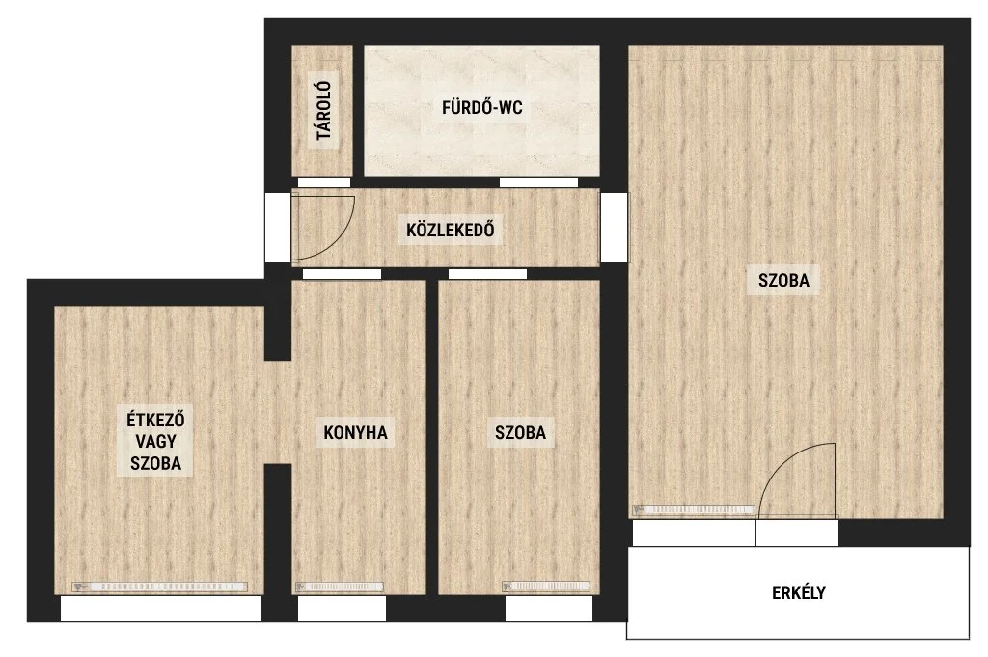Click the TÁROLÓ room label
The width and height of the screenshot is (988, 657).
(324, 111)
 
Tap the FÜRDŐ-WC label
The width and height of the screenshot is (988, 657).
(482, 108)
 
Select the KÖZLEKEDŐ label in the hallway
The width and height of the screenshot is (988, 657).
(450, 230)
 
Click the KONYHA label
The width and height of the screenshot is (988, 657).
(355, 433)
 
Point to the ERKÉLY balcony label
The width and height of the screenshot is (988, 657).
(798, 592)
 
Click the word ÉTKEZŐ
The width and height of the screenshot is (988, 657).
(155, 420)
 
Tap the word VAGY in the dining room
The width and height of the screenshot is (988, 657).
(155, 441)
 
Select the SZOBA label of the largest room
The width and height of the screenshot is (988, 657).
(783, 280)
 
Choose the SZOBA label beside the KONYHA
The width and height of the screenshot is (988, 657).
(520, 433)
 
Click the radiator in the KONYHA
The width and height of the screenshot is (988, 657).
(340, 587)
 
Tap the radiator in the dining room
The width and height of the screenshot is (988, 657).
(159, 587)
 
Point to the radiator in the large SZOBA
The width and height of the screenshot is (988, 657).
(694, 509)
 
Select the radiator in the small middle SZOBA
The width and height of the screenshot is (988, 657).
(546, 587)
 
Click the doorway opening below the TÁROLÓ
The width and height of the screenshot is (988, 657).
(324, 182)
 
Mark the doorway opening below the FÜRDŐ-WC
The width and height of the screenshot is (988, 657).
(538, 182)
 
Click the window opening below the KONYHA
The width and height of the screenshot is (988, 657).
(342, 609)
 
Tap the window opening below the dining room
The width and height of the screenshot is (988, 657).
(161, 609)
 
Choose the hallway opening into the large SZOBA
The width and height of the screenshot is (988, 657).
(615, 228)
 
